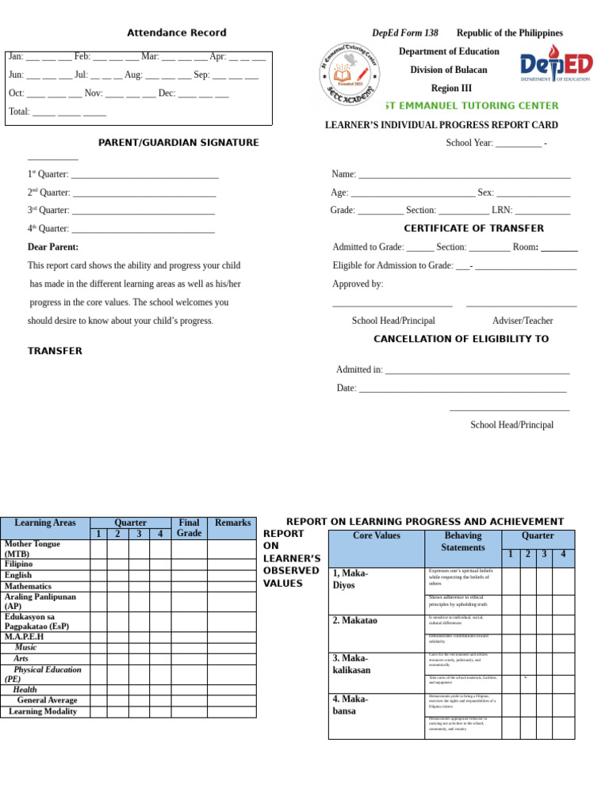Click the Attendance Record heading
pos(177,32)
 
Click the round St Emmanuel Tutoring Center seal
pos(350,72)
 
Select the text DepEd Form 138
pos(405,33)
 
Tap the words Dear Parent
pos(53,247)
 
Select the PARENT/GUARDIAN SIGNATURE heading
pos(178,143)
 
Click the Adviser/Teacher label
pos(523,321)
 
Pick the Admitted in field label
pos(359,369)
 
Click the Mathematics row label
pos(28,586)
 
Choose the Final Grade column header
pos(189,528)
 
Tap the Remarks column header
pos(232,523)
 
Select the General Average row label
pos(48,700)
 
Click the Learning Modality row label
pos(43,711)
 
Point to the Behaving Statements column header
pos(463,542)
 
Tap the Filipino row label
pos(18,564)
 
